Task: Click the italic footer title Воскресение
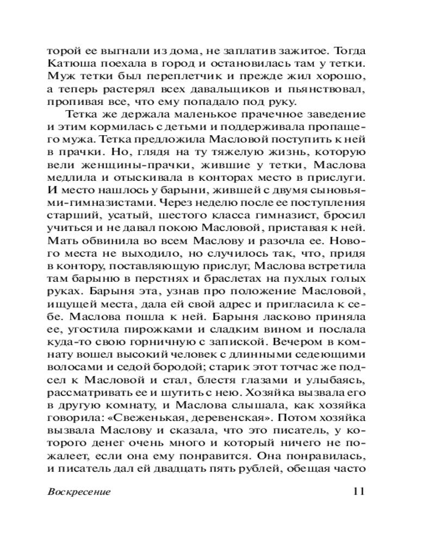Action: tap(79, 492)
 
